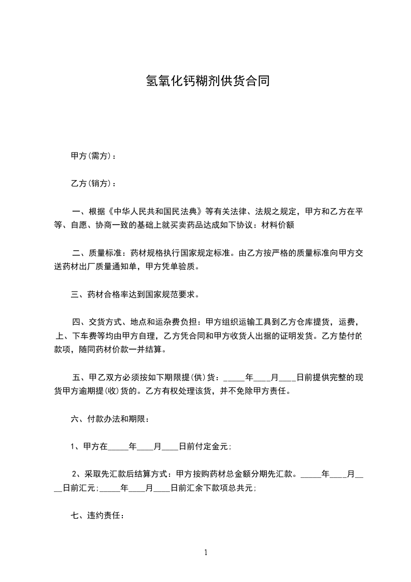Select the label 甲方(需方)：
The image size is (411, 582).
[x=93, y=156]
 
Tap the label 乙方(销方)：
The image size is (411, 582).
[x=93, y=183]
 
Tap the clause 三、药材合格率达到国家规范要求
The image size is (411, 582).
[x=134, y=295]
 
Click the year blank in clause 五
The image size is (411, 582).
[x=233, y=378]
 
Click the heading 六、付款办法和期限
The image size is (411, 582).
[x=110, y=419]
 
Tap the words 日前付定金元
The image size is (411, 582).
[x=205, y=447]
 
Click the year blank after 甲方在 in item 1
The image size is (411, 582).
[x=118, y=447]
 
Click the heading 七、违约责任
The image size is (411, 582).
[x=97, y=516]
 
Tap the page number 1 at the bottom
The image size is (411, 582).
[x=206, y=552]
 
